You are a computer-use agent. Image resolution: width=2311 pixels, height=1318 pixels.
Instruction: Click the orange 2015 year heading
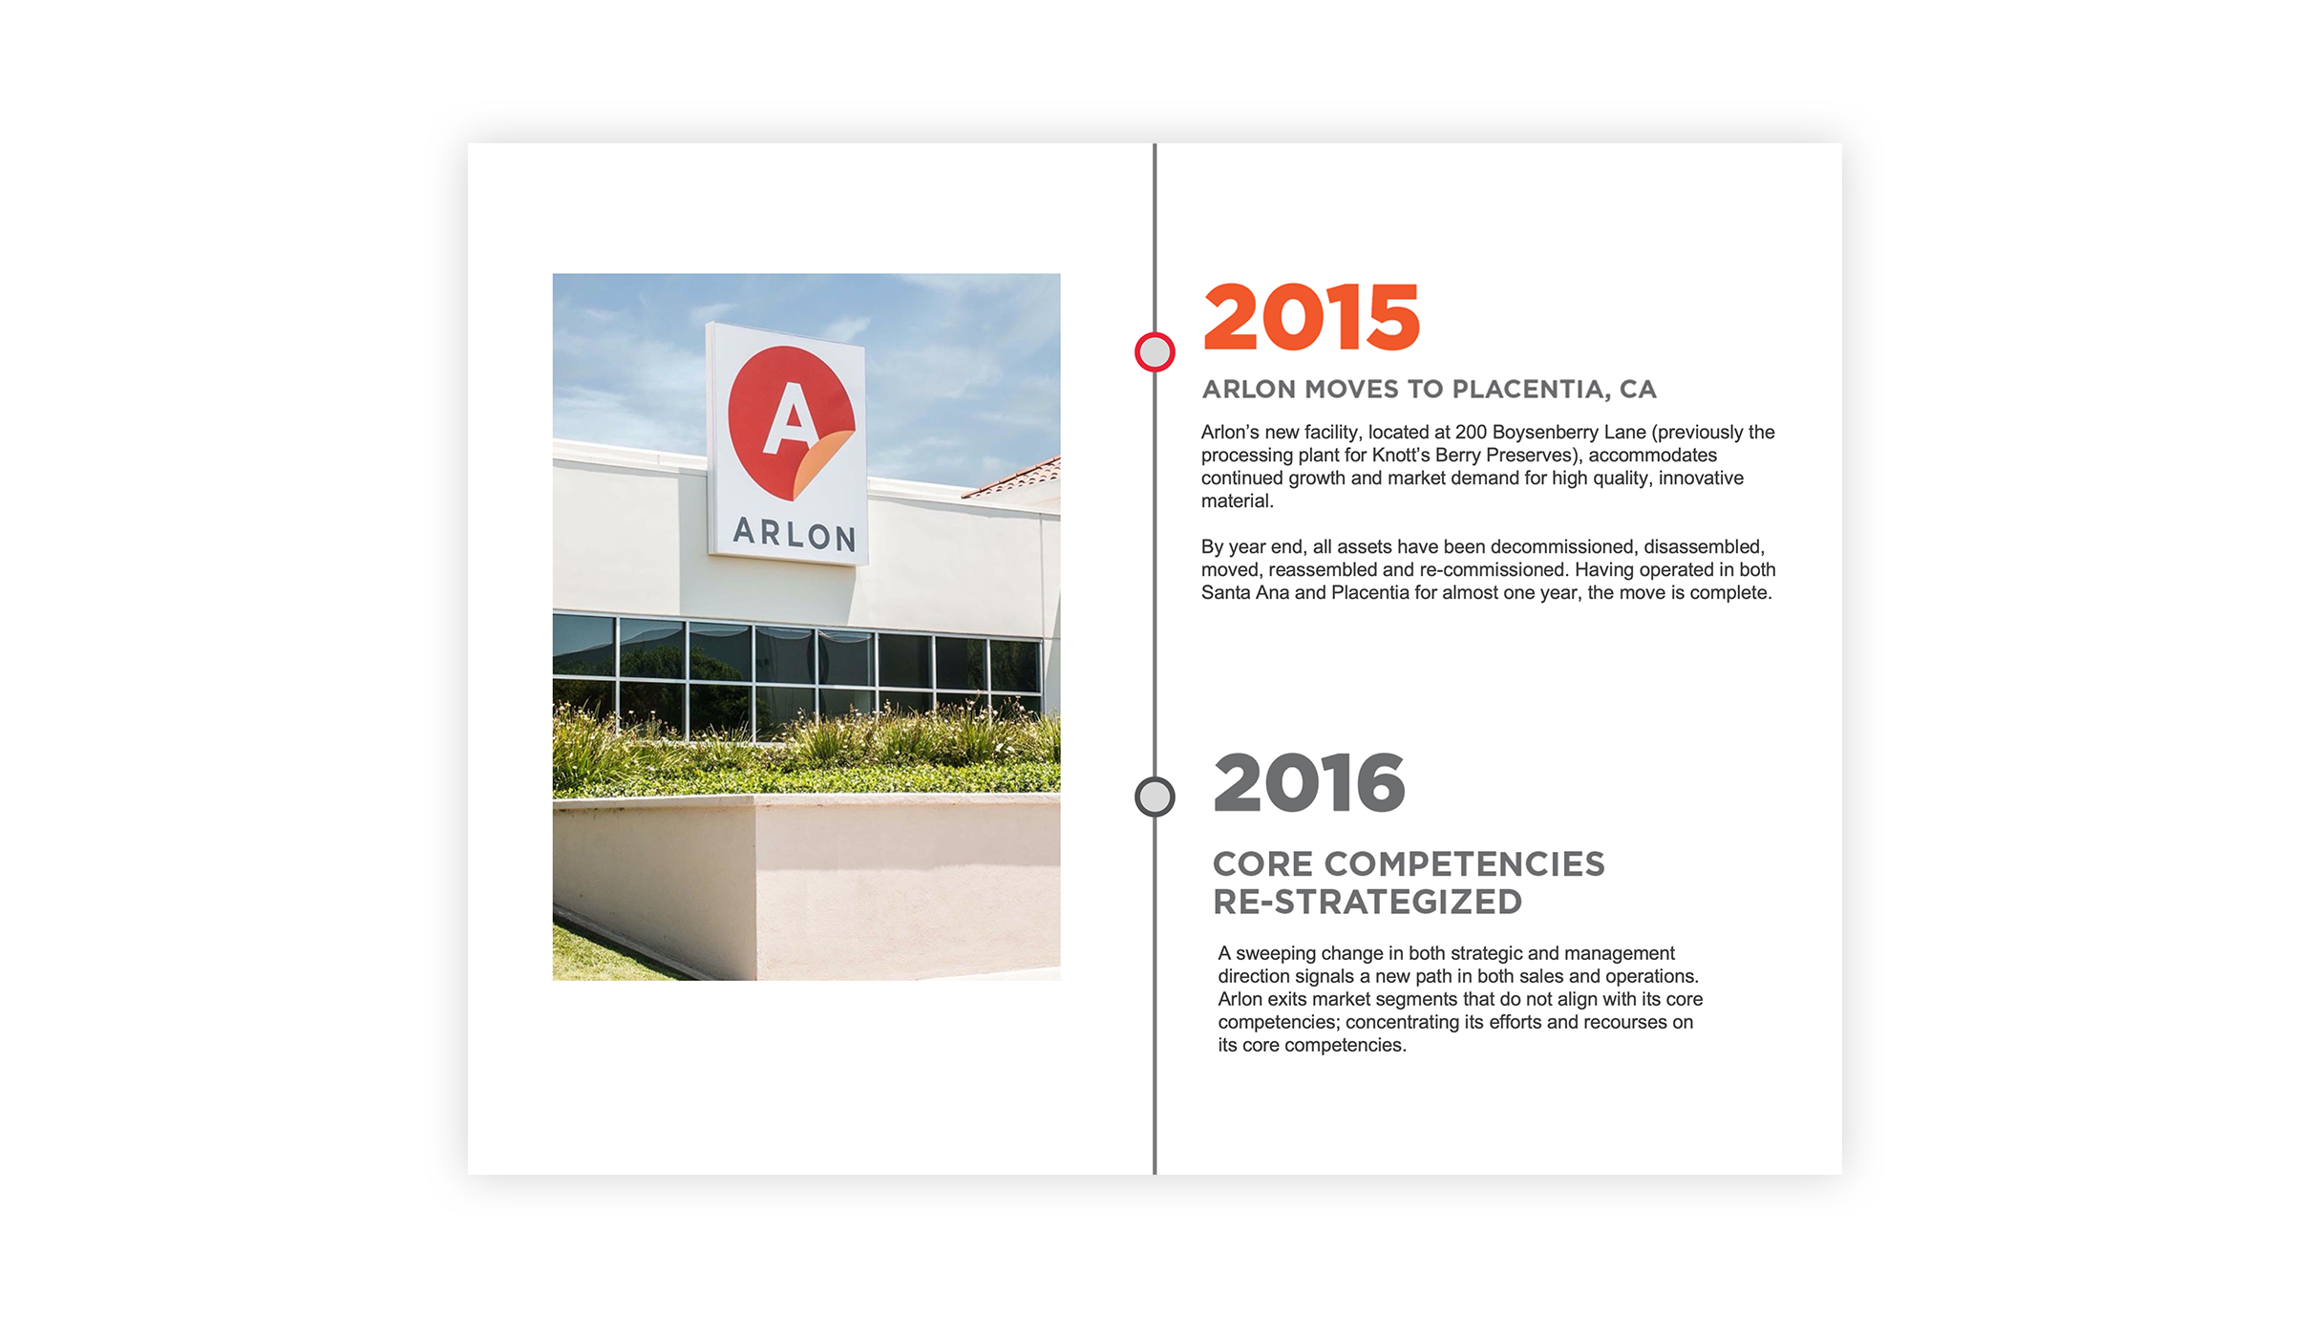pyautogui.click(x=1311, y=317)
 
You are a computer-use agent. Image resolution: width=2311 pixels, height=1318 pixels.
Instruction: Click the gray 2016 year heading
pyautogui.click(x=1308, y=783)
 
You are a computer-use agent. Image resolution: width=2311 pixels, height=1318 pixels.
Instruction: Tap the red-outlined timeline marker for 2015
pyautogui.click(x=1155, y=352)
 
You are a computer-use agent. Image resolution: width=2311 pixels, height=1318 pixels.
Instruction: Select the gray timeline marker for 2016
pyautogui.click(x=1155, y=797)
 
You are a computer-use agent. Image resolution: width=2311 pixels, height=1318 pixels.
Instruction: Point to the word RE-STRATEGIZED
pyautogui.click(x=1368, y=903)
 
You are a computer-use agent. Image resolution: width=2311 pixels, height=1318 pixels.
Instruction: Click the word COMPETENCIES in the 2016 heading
pyautogui.click(x=1464, y=864)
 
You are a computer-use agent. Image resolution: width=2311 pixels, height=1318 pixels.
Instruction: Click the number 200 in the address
pyautogui.click(x=1471, y=433)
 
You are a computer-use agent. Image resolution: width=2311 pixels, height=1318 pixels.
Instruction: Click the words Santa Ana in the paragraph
pyautogui.click(x=1244, y=593)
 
